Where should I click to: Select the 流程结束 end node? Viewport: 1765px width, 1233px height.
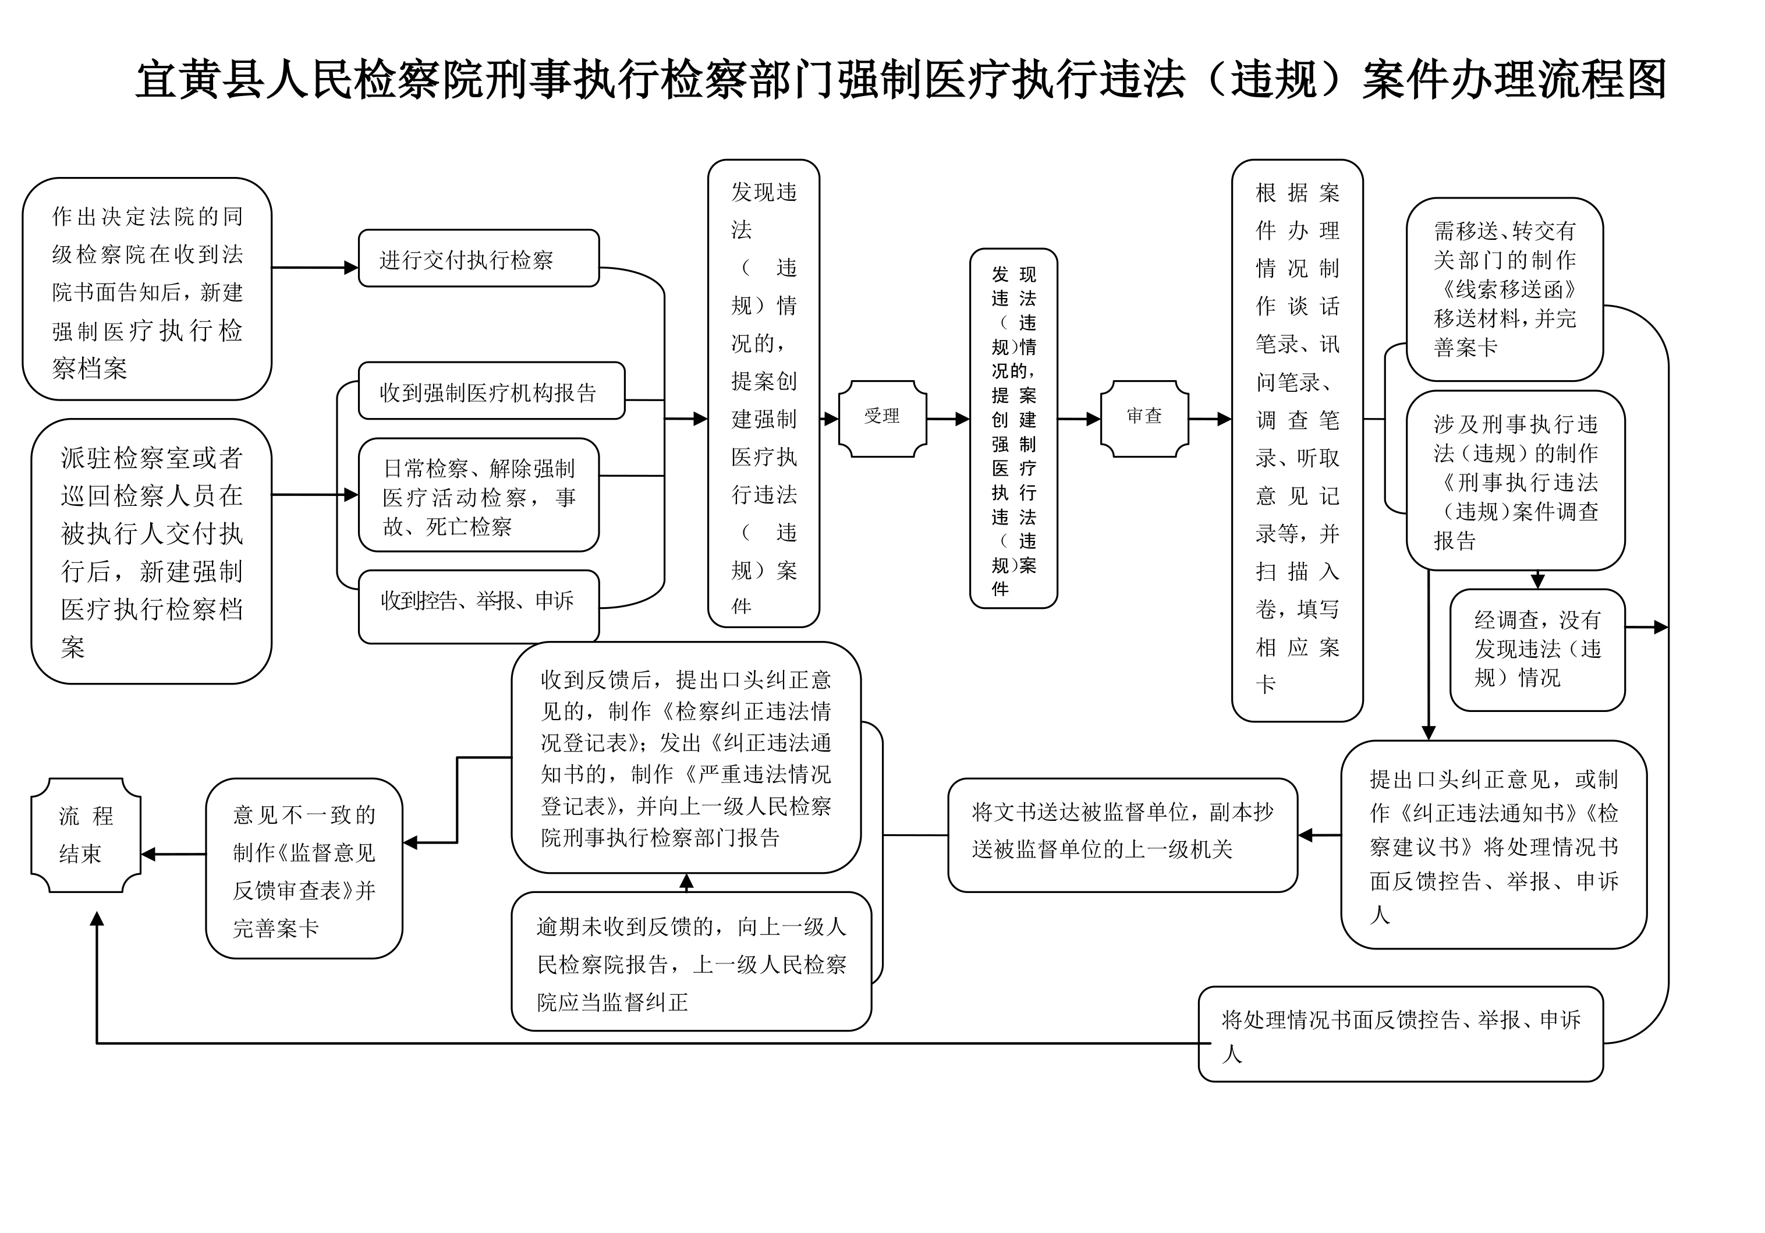pyautogui.click(x=86, y=835)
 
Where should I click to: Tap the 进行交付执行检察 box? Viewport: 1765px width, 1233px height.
pyautogui.click(x=478, y=259)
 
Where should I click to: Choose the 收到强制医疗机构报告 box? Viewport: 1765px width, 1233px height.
pyautogui.click(x=491, y=391)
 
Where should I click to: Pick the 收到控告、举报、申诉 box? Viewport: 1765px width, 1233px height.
pyautogui.click(x=478, y=605)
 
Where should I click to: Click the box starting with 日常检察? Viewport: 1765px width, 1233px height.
pyautogui.click(x=478, y=495)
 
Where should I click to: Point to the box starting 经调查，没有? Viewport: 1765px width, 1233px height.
pyautogui.click(x=1537, y=650)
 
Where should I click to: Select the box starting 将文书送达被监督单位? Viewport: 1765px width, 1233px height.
pyautogui.click(x=1122, y=835)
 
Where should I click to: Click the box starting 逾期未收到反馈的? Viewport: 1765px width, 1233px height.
pyautogui.click(x=690, y=962)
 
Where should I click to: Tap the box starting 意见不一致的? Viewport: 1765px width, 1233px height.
pyautogui.click(x=304, y=869)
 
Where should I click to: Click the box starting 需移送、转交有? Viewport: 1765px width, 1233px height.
pyautogui.click(x=1504, y=289)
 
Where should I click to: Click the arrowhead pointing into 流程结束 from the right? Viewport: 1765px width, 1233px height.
pyautogui.click(x=148, y=854)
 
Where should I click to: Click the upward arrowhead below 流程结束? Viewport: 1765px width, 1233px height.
pyautogui.click(x=97, y=919)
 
